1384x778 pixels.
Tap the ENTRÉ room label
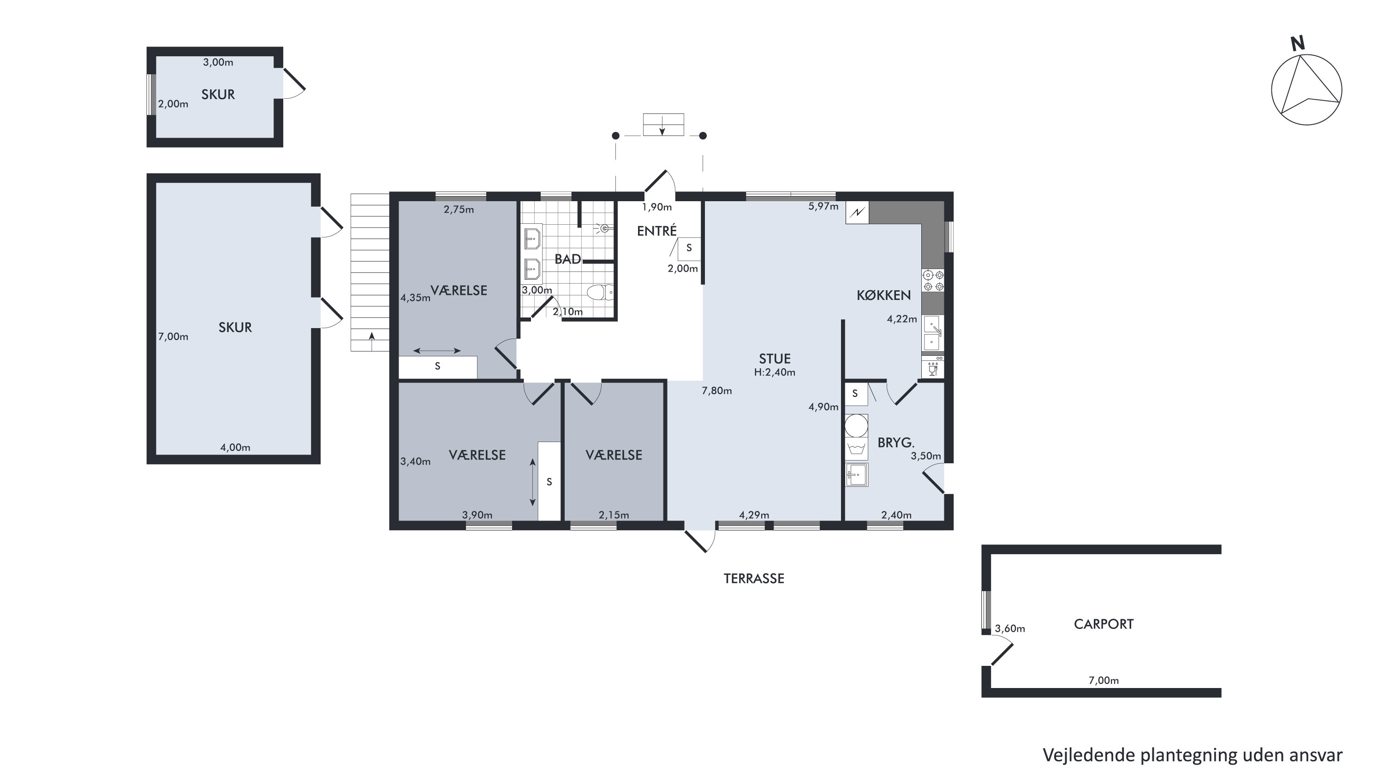[656, 231]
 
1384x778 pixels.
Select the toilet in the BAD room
[600, 292]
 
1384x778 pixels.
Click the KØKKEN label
[884, 295]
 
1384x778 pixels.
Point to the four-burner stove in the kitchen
[933, 281]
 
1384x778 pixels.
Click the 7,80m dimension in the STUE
[717, 390]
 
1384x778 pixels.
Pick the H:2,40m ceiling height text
[775, 372]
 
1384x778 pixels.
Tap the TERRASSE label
[754, 578]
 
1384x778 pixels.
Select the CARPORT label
[1104, 624]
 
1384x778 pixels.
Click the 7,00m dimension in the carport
[1104, 680]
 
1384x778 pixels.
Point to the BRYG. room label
[895, 443]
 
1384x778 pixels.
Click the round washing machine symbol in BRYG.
[856, 425]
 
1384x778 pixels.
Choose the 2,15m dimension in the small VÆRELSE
[614, 515]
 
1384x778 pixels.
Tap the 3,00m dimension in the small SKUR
[218, 62]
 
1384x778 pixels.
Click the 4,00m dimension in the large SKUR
[235, 447]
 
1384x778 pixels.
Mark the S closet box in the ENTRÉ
[689, 248]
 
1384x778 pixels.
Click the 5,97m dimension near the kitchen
[823, 206]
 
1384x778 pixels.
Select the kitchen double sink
[933, 333]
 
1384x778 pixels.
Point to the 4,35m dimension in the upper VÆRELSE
[415, 298]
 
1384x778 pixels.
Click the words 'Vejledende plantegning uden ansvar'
[1193, 755]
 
